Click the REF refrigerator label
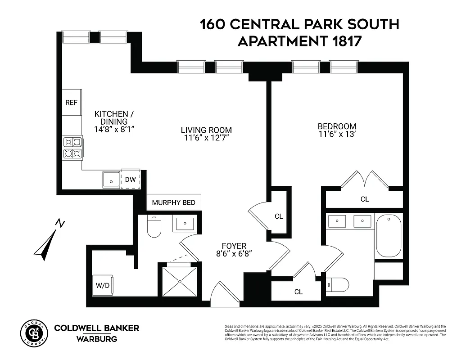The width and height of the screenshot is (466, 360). click(71, 103)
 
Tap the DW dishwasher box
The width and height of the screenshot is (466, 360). click(130, 180)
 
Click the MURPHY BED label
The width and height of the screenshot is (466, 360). click(174, 202)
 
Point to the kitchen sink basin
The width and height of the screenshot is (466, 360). click(111, 180)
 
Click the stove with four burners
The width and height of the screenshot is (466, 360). click(73, 148)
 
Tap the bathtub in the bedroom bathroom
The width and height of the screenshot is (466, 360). click(388, 236)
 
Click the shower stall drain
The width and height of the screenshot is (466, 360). click(179, 282)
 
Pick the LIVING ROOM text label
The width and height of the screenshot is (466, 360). click(206, 130)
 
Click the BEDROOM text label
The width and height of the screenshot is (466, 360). click(337, 126)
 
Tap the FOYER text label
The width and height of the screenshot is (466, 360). click(234, 246)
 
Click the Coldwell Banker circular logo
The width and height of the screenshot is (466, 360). click(34, 333)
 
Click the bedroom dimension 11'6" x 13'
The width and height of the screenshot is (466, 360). click(337, 135)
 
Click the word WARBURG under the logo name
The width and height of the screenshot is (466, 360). click(97, 338)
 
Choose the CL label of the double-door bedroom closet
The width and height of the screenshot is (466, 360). click(365, 199)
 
